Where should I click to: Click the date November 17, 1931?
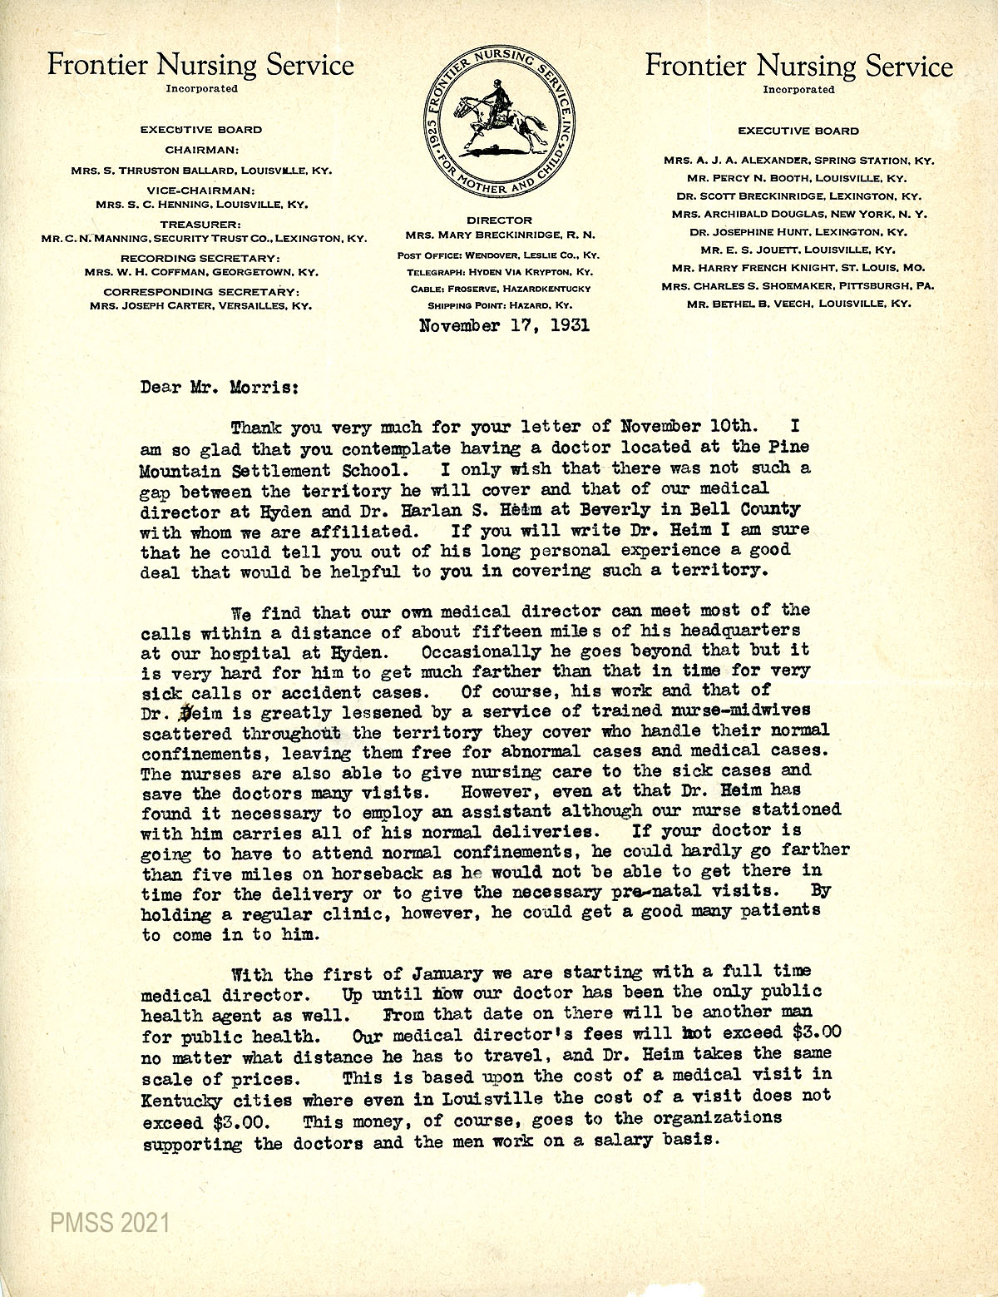505,325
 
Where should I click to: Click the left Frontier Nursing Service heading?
200,65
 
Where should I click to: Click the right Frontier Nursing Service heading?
799,67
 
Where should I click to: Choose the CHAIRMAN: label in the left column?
202,150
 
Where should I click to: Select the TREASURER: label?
202,225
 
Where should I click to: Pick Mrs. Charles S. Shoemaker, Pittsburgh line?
798,285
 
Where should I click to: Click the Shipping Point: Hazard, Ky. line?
499,305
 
